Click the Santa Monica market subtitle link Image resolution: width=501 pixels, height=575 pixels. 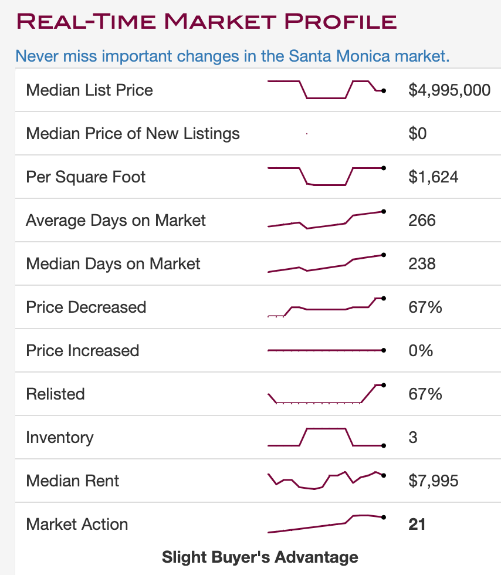[232, 56]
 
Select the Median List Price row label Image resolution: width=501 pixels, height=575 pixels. [89, 90]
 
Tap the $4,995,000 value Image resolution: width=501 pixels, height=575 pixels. [449, 90]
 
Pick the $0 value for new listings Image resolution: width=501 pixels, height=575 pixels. [418, 134]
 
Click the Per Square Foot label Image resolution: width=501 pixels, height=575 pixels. [86, 177]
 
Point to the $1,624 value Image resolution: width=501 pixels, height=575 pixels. [433, 177]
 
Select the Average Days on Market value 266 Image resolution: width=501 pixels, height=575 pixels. [422, 221]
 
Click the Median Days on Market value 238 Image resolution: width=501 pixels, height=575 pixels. [422, 264]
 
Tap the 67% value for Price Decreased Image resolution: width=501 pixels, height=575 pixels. [425, 307]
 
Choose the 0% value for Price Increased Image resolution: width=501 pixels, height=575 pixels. [421, 351]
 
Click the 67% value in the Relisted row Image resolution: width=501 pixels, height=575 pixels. [425, 394]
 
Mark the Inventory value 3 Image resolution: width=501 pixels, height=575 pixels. [413, 438]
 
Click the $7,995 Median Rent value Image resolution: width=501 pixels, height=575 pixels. [433, 481]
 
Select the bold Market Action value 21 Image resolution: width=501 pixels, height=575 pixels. [417, 525]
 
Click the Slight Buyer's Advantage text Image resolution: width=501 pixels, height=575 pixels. [260, 557]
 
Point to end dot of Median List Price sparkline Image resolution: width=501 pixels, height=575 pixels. [383, 90]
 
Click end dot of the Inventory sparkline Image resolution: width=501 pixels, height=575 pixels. [383, 445]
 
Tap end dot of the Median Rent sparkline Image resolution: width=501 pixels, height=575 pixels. [383, 475]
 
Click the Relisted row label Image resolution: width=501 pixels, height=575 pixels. [55, 394]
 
